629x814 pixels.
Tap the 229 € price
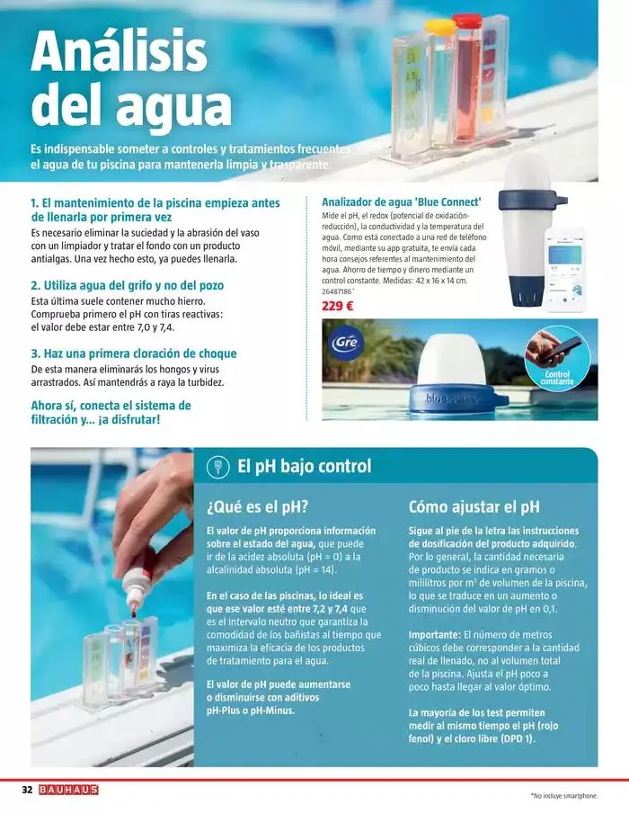(337, 306)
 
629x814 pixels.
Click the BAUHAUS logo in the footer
(68, 790)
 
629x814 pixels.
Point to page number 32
(27, 790)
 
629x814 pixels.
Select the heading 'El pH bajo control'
(304, 467)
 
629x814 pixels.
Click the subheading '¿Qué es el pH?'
(258, 505)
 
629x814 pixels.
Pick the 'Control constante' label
(558, 378)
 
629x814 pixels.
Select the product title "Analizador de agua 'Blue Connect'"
(402, 201)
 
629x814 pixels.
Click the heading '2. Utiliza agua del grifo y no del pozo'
(127, 285)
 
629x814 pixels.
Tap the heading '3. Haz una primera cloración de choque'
(134, 353)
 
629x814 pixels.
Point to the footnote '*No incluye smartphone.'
(563, 796)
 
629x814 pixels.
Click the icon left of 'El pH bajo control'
(217, 467)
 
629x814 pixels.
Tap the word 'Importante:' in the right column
(435, 634)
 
